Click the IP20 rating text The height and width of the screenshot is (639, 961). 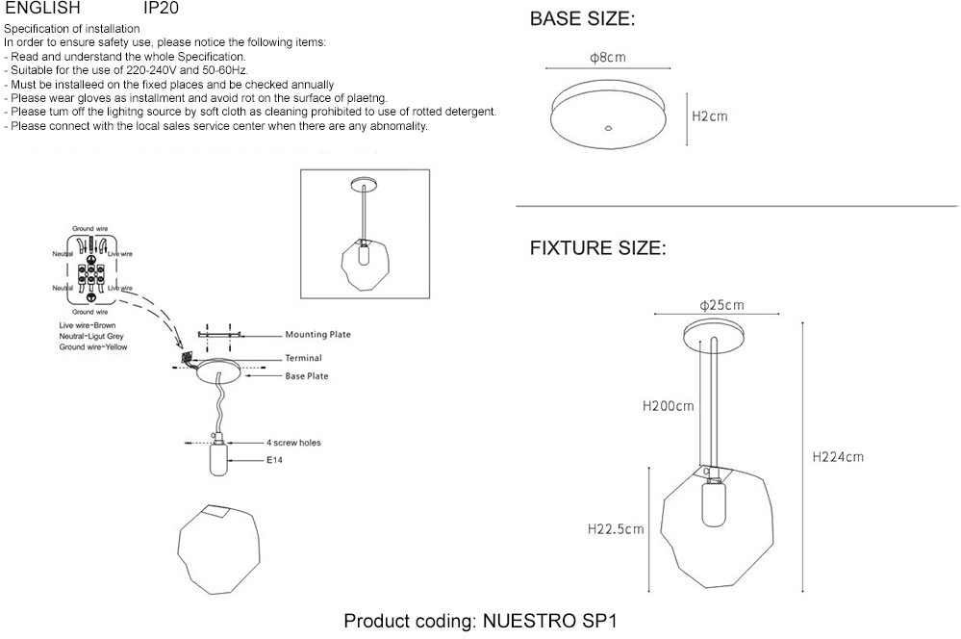coord(160,8)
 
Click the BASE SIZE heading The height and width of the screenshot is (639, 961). coord(583,20)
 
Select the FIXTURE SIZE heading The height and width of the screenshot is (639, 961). coord(597,248)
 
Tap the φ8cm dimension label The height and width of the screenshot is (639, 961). coord(608,58)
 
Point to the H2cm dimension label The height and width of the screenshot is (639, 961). coord(710,116)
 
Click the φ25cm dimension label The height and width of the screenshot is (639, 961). coord(722,305)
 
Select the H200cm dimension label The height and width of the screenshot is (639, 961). coord(668,406)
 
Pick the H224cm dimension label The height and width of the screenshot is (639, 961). coord(838,456)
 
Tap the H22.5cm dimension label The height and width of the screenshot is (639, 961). coord(616,528)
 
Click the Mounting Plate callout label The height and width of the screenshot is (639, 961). coord(317,335)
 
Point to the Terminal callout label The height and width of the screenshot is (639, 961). coord(303,358)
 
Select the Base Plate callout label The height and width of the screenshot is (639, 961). coord(307,376)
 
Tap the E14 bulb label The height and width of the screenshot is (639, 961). coord(277,461)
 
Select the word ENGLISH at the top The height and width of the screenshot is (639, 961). coord(42,8)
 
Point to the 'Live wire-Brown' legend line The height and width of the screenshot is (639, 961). coord(87,327)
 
